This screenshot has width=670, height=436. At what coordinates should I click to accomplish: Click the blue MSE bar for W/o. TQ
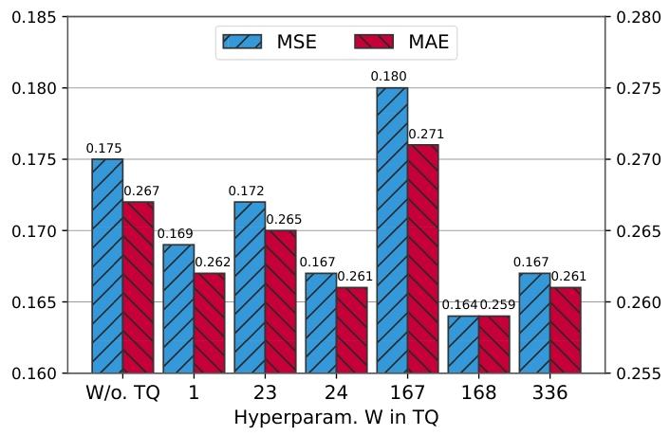(x=107, y=265)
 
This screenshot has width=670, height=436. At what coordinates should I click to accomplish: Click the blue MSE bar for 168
(x=463, y=344)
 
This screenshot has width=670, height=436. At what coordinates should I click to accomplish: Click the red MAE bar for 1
(x=209, y=322)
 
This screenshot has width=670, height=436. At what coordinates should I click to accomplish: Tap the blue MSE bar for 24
(x=321, y=322)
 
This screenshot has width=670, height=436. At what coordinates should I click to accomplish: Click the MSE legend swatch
(x=243, y=42)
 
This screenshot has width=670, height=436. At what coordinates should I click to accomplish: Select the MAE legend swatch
(x=373, y=42)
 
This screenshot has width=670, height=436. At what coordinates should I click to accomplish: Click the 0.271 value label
(x=426, y=135)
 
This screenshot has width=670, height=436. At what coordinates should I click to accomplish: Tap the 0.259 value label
(x=497, y=305)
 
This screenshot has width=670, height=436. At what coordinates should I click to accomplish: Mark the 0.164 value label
(x=460, y=305)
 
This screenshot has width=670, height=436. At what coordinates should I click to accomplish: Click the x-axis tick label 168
(x=478, y=392)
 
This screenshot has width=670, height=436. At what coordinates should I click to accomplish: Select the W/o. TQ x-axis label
(x=122, y=392)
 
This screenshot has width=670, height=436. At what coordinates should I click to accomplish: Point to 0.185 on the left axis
(x=35, y=17)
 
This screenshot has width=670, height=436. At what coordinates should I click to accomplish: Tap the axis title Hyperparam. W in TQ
(x=336, y=417)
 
